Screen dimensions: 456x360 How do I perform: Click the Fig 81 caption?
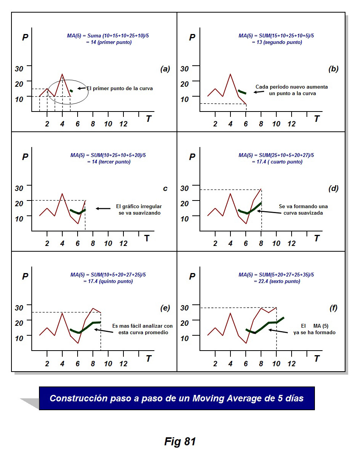click(x=180, y=441)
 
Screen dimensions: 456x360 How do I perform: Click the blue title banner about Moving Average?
click(x=177, y=398)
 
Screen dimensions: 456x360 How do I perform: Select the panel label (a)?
click(x=165, y=69)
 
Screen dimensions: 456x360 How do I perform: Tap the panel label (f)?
click(x=333, y=308)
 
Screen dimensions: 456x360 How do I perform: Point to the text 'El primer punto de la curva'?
click(x=119, y=88)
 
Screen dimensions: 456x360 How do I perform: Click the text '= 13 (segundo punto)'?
click(x=277, y=42)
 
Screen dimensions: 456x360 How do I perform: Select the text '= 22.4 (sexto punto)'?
click(x=277, y=281)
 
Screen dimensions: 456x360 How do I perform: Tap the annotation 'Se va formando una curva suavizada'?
click(x=303, y=210)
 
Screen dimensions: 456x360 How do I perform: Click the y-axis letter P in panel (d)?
click(x=192, y=157)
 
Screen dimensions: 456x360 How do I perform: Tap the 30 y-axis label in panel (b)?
click(x=185, y=69)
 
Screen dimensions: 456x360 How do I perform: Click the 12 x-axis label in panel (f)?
click(x=291, y=364)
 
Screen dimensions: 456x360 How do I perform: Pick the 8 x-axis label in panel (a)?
click(x=92, y=124)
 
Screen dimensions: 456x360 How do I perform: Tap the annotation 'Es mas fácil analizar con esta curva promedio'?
click(x=142, y=329)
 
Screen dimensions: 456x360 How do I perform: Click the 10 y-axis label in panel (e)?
click(x=19, y=338)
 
